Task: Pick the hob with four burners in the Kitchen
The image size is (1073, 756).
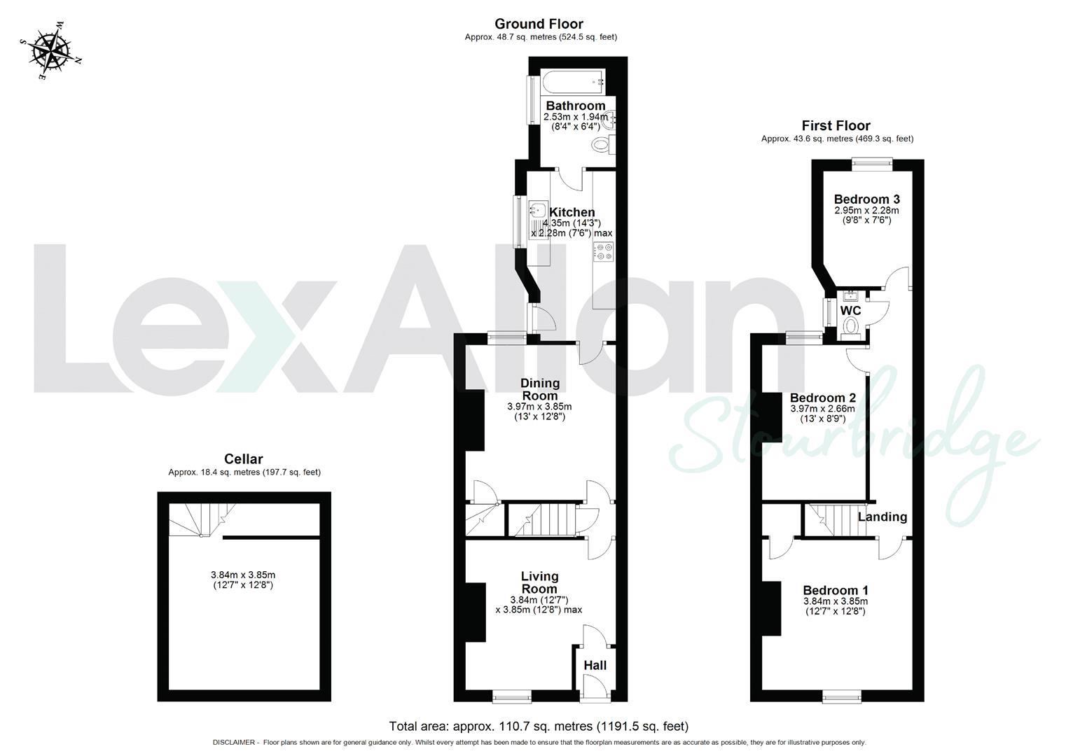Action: [x=603, y=252]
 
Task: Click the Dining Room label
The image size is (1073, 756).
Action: [x=539, y=389]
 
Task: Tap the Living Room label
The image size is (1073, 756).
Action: [x=539, y=582]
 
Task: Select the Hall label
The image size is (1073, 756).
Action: [x=595, y=666]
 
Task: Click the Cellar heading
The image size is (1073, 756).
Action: [x=243, y=459]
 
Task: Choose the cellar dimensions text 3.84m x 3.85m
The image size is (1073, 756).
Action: [x=243, y=575]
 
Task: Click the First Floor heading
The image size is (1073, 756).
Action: [x=836, y=126]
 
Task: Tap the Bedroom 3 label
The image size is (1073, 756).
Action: [x=866, y=199]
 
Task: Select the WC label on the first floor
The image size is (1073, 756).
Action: [x=850, y=311]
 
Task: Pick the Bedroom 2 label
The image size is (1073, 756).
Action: [x=822, y=398]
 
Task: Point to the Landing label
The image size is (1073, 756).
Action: [x=882, y=517]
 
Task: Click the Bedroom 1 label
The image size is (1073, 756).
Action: [x=836, y=590]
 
